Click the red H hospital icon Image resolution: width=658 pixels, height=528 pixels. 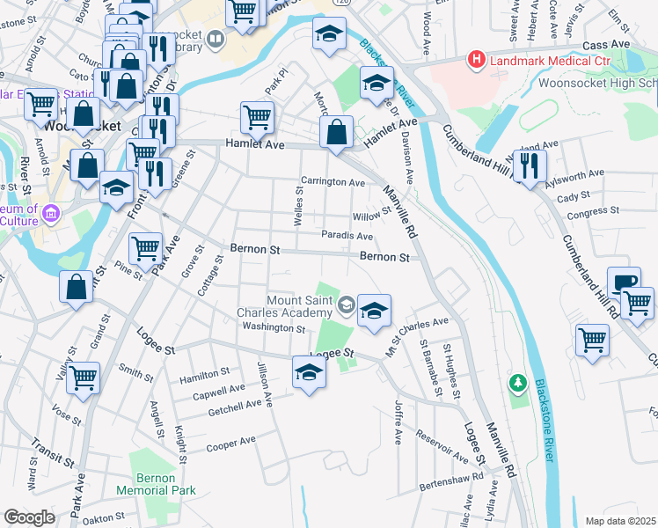(x=476, y=61)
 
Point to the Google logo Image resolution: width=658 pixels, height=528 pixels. (x=29, y=517)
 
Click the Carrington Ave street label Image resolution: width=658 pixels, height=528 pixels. (x=333, y=182)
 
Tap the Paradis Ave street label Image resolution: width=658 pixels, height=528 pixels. (x=347, y=236)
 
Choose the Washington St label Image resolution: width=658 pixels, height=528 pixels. (x=273, y=327)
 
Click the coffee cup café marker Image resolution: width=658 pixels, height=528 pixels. (x=624, y=282)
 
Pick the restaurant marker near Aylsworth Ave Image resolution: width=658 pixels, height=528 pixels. (x=530, y=165)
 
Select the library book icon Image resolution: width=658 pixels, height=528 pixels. (x=215, y=39)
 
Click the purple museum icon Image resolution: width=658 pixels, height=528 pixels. (x=51, y=214)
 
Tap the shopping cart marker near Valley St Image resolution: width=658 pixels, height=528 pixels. (x=83, y=378)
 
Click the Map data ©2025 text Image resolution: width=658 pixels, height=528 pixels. (x=620, y=521)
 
